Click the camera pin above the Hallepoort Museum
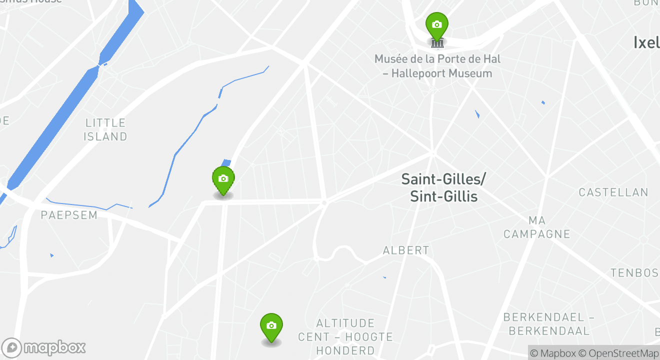(x=436, y=25)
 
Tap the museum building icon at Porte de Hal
(x=437, y=42)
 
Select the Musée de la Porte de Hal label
(x=437, y=66)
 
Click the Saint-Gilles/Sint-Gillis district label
(x=443, y=187)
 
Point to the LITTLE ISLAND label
(x=105, y=129)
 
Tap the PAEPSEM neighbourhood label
(x=69, y=215)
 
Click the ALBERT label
(x=406, y=250)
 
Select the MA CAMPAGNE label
(x=536, y=227)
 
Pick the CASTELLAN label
(x=613, y=192)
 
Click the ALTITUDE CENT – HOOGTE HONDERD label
(x=345, y=336)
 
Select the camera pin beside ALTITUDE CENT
(x=271, y=326)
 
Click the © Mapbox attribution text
(x=553, y=353)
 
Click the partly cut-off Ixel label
(x=646, y=42)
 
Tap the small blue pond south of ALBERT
(x=384, y=277)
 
